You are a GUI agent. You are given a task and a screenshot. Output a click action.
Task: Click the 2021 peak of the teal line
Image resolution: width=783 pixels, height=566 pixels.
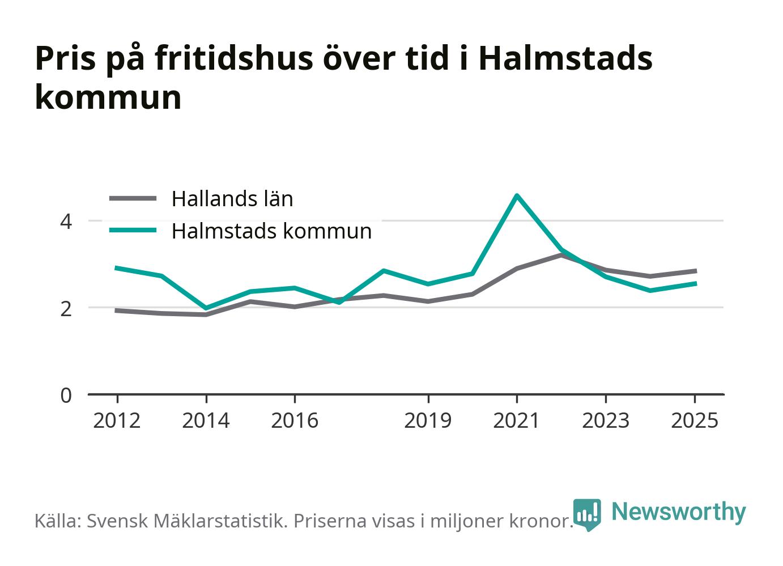point(517,195)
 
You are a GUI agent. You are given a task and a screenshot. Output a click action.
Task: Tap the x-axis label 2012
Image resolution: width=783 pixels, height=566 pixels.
point(117,420)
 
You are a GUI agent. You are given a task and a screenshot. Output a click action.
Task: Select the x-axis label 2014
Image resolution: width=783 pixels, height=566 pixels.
point(206,420)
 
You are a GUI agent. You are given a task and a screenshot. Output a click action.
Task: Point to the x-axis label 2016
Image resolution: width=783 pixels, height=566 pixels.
point(295,420)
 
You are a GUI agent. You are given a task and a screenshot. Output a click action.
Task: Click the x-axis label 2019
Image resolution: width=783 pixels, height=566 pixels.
point(428,420)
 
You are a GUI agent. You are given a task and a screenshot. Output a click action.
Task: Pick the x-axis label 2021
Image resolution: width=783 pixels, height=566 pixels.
point(517,420)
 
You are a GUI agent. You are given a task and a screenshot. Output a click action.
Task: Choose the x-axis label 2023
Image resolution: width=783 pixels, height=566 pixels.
point(606,420)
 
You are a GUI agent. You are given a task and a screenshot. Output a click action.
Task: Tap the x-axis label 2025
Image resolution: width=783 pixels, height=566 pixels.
point(695,420)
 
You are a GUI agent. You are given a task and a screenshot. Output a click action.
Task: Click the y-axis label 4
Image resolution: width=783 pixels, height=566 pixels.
point(66,222)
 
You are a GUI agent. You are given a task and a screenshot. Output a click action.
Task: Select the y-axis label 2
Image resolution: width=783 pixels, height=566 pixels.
point(66,309)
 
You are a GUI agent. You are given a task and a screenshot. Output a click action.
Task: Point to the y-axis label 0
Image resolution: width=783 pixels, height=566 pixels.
point(66,395)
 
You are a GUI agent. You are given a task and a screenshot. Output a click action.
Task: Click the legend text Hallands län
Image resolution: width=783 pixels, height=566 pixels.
point(232,199)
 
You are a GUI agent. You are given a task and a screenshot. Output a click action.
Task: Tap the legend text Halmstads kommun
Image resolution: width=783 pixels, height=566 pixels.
point(271,231)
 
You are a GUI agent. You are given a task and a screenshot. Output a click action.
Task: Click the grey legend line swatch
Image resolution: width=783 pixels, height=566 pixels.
point(133,198)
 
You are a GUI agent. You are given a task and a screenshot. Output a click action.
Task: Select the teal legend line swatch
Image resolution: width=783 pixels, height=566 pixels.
point(133,230)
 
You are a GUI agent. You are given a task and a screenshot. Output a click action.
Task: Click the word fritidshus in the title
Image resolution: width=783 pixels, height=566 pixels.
point(234,58)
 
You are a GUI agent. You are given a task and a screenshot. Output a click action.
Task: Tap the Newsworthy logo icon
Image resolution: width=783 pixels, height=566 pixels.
point(587,514)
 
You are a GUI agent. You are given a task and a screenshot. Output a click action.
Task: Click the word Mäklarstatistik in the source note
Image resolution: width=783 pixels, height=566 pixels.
point(220,521)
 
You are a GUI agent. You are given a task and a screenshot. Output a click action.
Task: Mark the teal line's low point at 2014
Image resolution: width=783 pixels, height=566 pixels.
point(206,308)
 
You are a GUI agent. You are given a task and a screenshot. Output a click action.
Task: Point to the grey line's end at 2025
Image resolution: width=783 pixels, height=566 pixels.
point(696,271)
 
